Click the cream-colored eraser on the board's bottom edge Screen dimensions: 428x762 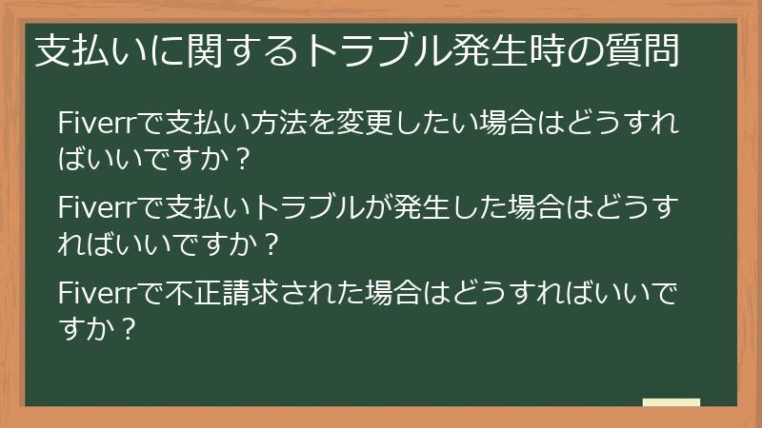click(672, 402)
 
